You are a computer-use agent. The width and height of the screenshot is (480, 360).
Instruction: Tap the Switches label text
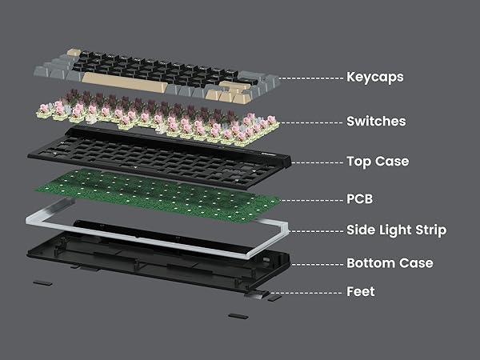click(376, 122)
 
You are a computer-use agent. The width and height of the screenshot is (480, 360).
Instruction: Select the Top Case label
click(378, 162)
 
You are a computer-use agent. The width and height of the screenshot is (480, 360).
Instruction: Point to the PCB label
click(359, 198)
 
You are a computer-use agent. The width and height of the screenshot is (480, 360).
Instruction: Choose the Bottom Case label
click(390, 263)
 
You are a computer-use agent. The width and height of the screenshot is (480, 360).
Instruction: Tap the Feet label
click(361, 292)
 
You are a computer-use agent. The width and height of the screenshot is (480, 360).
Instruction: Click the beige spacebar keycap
click(128, 80)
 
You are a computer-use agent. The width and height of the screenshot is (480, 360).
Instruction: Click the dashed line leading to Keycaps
click(304, 78)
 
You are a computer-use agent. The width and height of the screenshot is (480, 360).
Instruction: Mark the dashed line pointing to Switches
click(308, 122)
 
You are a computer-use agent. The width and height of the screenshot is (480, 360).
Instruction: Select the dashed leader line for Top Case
click(316, 162)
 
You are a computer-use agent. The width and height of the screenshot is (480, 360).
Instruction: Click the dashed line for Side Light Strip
click(316, 230)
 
